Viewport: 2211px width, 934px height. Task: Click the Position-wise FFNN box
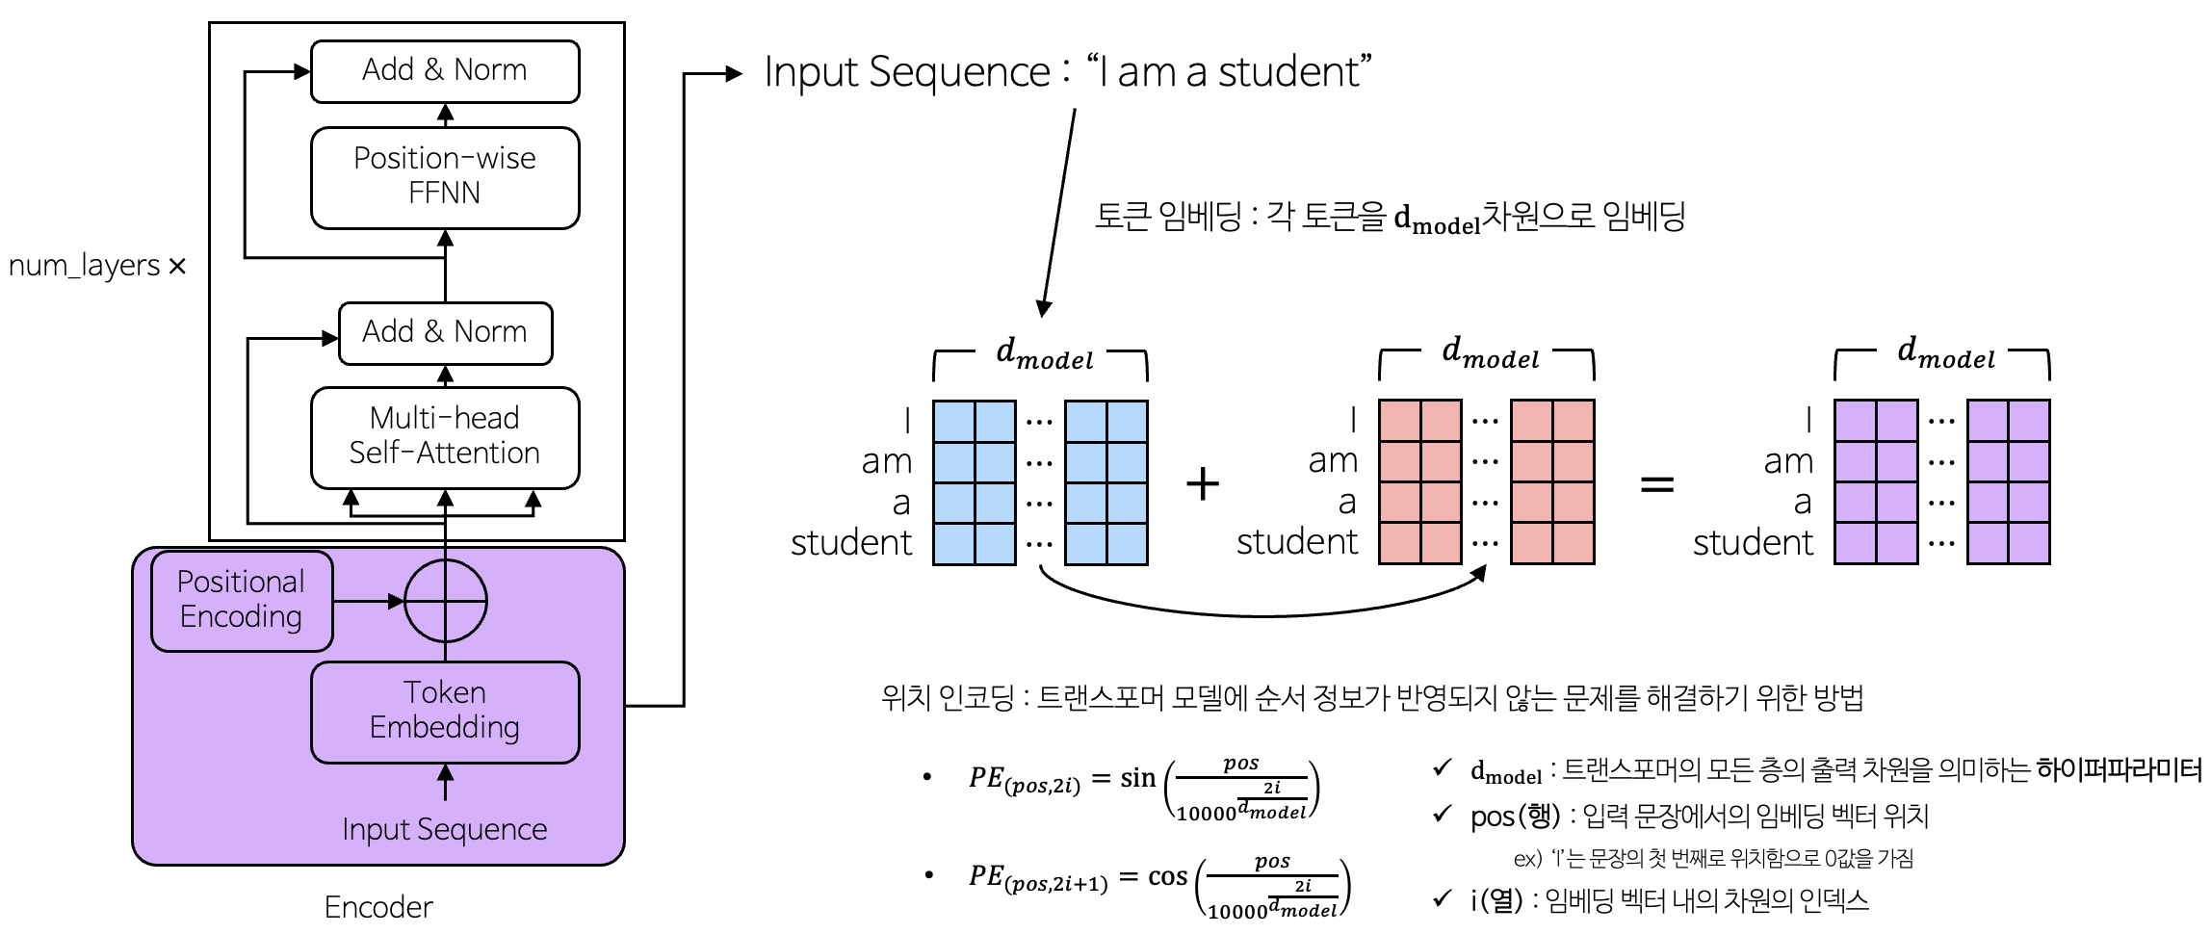445,177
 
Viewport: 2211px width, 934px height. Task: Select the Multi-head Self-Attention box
445,436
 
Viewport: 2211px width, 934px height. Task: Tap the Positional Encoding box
242,600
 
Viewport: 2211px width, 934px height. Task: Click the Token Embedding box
445,711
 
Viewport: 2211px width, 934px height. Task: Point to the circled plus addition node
445,601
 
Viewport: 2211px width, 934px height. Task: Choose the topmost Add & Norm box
445,70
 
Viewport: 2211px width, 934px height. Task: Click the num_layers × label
96,266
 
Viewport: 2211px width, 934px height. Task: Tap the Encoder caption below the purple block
378,907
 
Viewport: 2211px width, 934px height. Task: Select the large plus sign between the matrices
1203,482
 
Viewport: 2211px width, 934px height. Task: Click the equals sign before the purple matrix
1656,483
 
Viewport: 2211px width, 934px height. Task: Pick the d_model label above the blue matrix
1044,354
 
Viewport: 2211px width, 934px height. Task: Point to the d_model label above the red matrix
1490,353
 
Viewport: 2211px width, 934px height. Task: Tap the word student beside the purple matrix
1753,543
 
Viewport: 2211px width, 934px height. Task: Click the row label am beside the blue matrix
887,461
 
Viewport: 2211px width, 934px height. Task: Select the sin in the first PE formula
1137,778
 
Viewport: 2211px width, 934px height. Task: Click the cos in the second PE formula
1167,876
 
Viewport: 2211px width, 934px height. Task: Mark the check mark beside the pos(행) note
1442,815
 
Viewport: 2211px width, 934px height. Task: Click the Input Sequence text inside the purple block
444,829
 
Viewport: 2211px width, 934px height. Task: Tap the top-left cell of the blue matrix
954,421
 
